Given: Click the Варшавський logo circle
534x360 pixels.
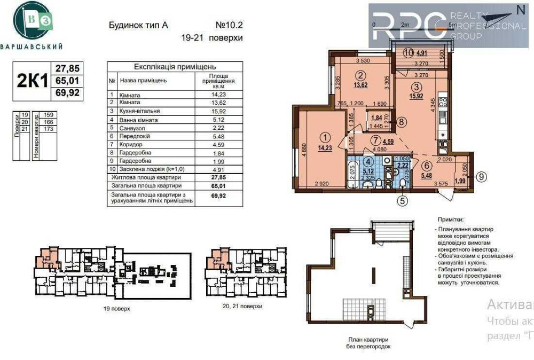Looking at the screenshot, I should click(x=33, y=20).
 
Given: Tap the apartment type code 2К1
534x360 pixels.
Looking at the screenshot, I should click(x=33, y=81).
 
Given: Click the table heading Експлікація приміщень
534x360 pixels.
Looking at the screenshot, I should click(x=175, y=67).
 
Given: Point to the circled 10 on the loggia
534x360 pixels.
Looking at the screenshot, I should click(x=409, y=53).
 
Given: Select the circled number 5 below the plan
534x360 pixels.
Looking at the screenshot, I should click(x=402, y=201).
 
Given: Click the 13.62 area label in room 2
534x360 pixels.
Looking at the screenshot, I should click(x=361, y=84).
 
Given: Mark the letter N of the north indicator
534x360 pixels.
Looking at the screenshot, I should click(x=521, y=9).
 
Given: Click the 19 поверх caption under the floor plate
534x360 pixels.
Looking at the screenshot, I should click(x=116, y=308).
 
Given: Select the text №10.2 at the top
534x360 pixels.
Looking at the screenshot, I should click(x=229, y=25).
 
